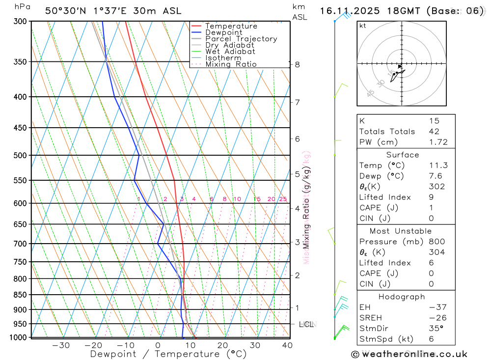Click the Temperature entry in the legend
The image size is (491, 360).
pyautogui.click(x=231, y=26)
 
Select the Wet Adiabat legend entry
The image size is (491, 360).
pyautogui.click(x=230, y=52)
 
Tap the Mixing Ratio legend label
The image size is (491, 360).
pyautogui.click(x=231, y=64)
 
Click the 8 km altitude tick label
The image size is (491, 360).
pyautogui.click(x=297, y=64)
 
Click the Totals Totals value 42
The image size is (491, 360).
pyautogui.click(x=434, y=132)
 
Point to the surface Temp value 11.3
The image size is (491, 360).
pyautogui.click(x=438, y=166)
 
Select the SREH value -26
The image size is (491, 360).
pyautogui.click(x=437, y=318)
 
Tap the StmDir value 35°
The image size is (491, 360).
pyautogui.click(x=436, y=329)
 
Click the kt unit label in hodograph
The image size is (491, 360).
pyautogui.click(x=363, y=26)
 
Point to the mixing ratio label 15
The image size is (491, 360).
pyautogui.click(x=257, y=199)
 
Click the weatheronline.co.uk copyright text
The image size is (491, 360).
pyautogui.click(x=409, y=354)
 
